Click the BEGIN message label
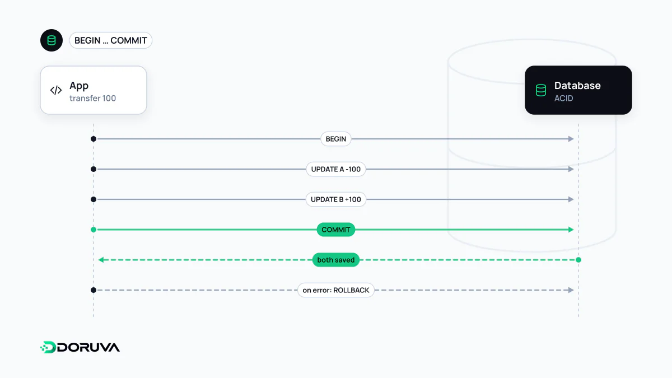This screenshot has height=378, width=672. coord(335,139)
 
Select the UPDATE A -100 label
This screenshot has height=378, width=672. coord(335,169)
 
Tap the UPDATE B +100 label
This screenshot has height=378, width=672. coord(335,199)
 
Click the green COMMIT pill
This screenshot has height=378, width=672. coord(335,230)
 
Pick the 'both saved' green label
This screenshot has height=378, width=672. coord(335,260)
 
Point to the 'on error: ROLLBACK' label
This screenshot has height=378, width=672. coord(335,290)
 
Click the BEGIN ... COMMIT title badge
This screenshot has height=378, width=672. coord(111,40)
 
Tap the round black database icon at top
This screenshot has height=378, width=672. coord(52,40)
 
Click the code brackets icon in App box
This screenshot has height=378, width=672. coord(56,90)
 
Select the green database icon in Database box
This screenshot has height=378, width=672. coord(541,90)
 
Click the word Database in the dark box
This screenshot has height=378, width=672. coord(577,86)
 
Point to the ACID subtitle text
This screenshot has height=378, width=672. coord(564,99)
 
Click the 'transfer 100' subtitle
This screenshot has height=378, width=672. coord(93,99)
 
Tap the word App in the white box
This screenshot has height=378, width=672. coord(79,86)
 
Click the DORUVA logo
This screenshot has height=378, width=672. coord(80,347)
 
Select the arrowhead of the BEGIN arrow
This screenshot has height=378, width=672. coord(571,139)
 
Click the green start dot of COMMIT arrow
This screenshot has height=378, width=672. coord(94,230)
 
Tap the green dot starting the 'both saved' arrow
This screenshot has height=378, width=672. coord(578,260)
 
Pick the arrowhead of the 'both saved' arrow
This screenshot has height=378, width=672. coord(101,260)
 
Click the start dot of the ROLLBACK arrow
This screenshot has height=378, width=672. coord(94,290)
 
